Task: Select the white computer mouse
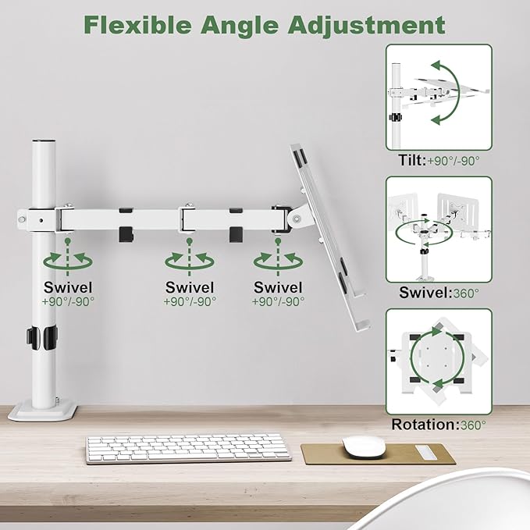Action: pyautogui.click(x=365, y=446)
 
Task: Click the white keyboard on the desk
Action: pyautogui.click(x=188, y=448)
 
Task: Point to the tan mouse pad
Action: pyautogui.click(x=373, y=455)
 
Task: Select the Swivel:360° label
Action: pyautogui.click(x=439, y=293)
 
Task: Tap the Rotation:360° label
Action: pyautogui.click(x=439, y=425)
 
